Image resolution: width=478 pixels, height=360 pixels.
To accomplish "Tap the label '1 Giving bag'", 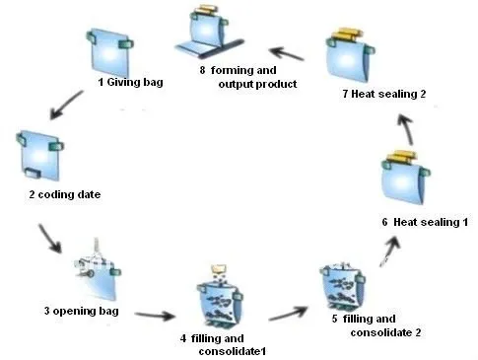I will click(132, 83).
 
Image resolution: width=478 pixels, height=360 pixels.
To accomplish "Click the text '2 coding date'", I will click(64, 194).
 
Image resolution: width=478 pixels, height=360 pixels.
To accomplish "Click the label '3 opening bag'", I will click(84, 312).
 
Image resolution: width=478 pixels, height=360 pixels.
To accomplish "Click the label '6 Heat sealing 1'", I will click(423, 223).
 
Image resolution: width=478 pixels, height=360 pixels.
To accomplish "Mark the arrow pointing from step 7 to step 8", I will click(291, 51).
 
